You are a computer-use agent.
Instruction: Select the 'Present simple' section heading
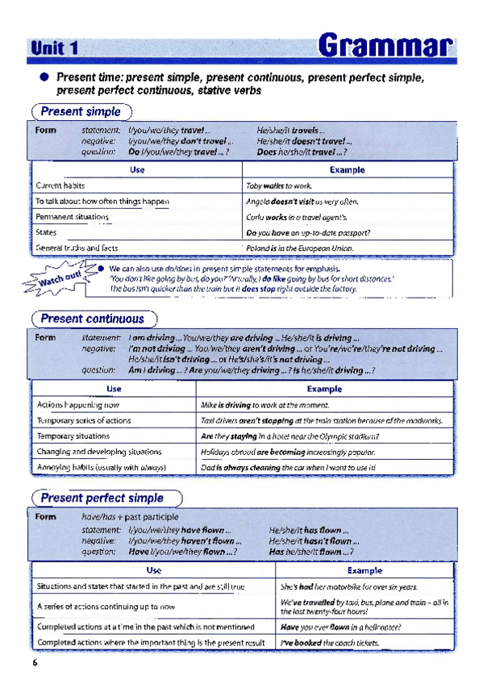(x=81, y=111)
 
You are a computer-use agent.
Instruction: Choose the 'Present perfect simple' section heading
(x=102, y=498)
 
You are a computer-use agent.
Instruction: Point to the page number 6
(x=35, y=662)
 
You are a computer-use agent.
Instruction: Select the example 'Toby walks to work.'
(x=278, y=186)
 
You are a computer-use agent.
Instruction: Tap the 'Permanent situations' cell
(x=73, y=217)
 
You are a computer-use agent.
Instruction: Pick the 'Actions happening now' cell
(x=78, y=404)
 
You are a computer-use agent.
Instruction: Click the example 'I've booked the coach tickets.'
(x=329, y=643)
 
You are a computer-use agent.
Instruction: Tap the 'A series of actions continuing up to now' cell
(x=106, y=606)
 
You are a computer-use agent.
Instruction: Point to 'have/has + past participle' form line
(x=130, y=516)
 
